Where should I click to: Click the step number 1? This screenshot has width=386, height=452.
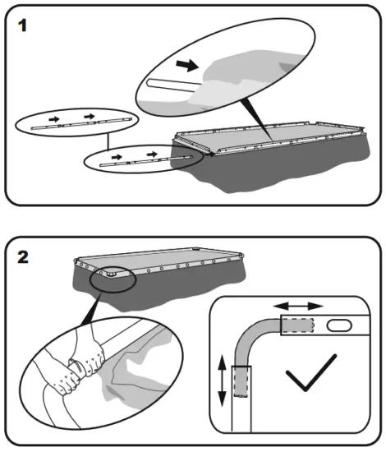22,25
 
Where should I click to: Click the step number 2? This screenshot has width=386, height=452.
23,256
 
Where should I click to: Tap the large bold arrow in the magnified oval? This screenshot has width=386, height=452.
187,66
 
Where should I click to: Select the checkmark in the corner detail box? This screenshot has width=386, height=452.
311,372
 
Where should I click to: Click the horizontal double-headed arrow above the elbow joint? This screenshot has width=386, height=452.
298,306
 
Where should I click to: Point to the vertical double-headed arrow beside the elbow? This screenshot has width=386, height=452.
222,381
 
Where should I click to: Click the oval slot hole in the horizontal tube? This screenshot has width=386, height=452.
339,325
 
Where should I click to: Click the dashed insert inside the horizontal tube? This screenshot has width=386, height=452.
297,325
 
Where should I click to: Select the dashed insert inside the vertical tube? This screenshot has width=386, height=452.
241,381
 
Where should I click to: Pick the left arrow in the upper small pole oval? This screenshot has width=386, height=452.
54,119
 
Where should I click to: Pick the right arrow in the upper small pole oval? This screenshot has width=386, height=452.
90,117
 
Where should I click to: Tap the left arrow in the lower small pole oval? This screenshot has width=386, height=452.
117,157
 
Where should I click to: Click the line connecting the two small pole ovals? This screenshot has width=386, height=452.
108,141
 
